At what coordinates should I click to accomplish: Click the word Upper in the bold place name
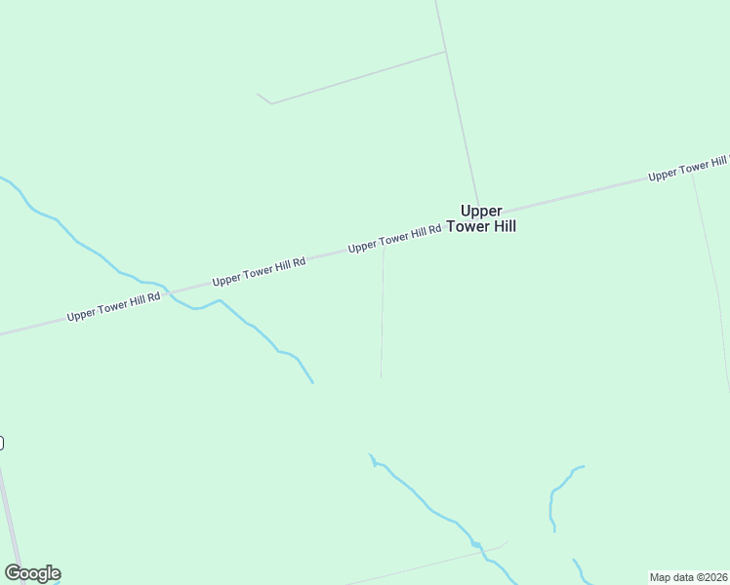(481, 210)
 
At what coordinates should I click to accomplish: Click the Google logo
(32, 573)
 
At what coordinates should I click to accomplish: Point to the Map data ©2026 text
(688, 577)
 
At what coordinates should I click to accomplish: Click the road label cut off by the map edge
(689, 168)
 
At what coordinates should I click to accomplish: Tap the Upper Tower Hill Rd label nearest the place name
(394, 238)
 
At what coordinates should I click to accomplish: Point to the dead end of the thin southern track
(381, 377)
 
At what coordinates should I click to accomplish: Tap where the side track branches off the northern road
(446, 52)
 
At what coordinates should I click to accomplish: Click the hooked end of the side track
(258, 95)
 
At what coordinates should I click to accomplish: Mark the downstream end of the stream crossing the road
(312, 382)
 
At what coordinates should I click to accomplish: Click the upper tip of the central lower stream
(370, 454)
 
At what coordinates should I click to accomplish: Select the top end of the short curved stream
(583, 466)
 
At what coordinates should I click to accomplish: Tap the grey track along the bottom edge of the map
(429, 564)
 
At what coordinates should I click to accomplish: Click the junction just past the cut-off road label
(692, 173)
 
